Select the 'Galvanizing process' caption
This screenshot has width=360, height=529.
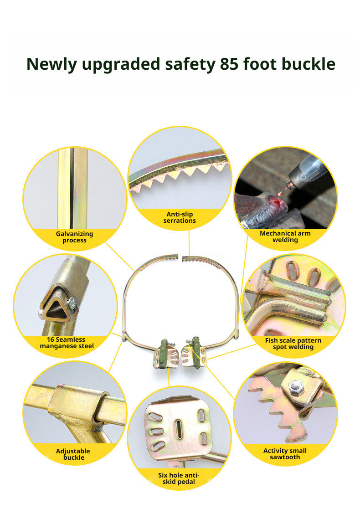(x=74, y=237)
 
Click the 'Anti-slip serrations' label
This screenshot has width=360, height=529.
(x=180, y=217)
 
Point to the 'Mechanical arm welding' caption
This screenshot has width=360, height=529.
(x=285, y=236)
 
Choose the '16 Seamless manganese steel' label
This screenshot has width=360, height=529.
(x=67, y=343)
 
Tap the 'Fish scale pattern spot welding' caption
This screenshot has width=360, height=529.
(x=293, y=344)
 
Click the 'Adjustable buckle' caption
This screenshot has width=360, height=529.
(x=73, y=454)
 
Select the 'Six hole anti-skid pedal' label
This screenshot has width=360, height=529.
(x=179, y=478)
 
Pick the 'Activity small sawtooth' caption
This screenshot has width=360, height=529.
(x=285, y=454)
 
